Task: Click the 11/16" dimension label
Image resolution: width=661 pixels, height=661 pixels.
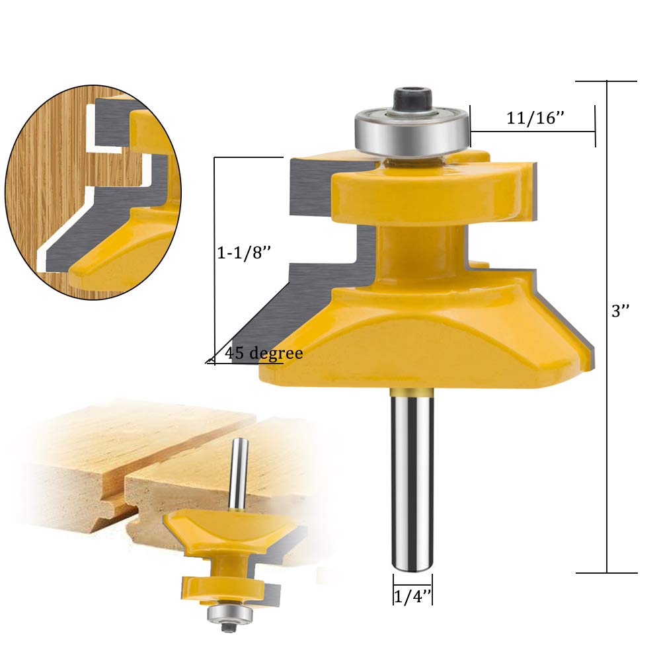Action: (535, 118)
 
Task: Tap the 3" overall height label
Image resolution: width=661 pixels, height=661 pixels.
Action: (620, 311)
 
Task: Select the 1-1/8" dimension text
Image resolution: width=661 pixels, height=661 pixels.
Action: (243, 253)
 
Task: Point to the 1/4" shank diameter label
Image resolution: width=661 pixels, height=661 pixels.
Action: (412, 596)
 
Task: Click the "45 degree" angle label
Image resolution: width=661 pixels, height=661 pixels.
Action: (264, 353)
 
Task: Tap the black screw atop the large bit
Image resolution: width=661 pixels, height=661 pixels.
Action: (412, 98)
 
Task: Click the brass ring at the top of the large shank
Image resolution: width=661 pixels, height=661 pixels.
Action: (412, 392)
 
